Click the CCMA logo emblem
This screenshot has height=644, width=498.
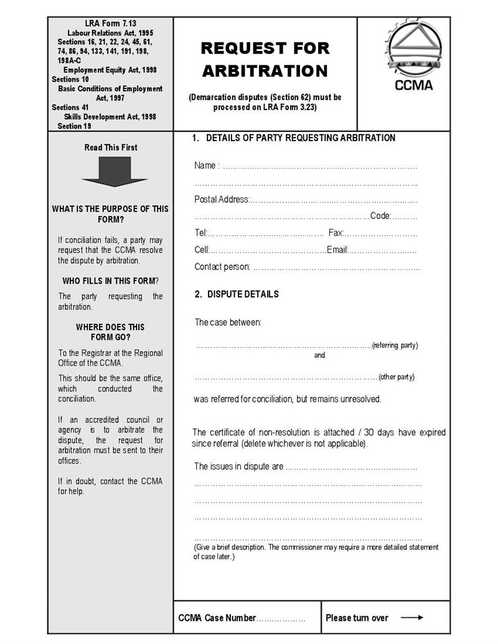[413, 48]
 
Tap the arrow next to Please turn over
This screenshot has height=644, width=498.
[411, 618]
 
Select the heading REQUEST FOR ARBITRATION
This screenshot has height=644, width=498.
[265, 59]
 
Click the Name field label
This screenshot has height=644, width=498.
[205, 166]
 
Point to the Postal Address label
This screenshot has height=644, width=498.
[221, 200]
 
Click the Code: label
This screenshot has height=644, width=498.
[380, 216]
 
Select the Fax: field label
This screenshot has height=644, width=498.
[336, 233]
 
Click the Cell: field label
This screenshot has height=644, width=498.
[202, 250]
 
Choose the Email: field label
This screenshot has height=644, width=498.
[337, 250]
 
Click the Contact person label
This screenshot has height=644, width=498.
[222, 267]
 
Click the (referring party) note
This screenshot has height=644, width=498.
[395, 345]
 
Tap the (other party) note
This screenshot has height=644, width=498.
[397, 377]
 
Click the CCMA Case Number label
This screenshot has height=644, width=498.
[217, 618]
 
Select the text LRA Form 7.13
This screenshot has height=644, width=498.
[111, 24]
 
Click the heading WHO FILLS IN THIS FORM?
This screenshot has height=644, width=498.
[110, 281]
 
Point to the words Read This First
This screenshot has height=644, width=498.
[111, 147]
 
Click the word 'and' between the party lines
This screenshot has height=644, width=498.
[319, 355]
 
